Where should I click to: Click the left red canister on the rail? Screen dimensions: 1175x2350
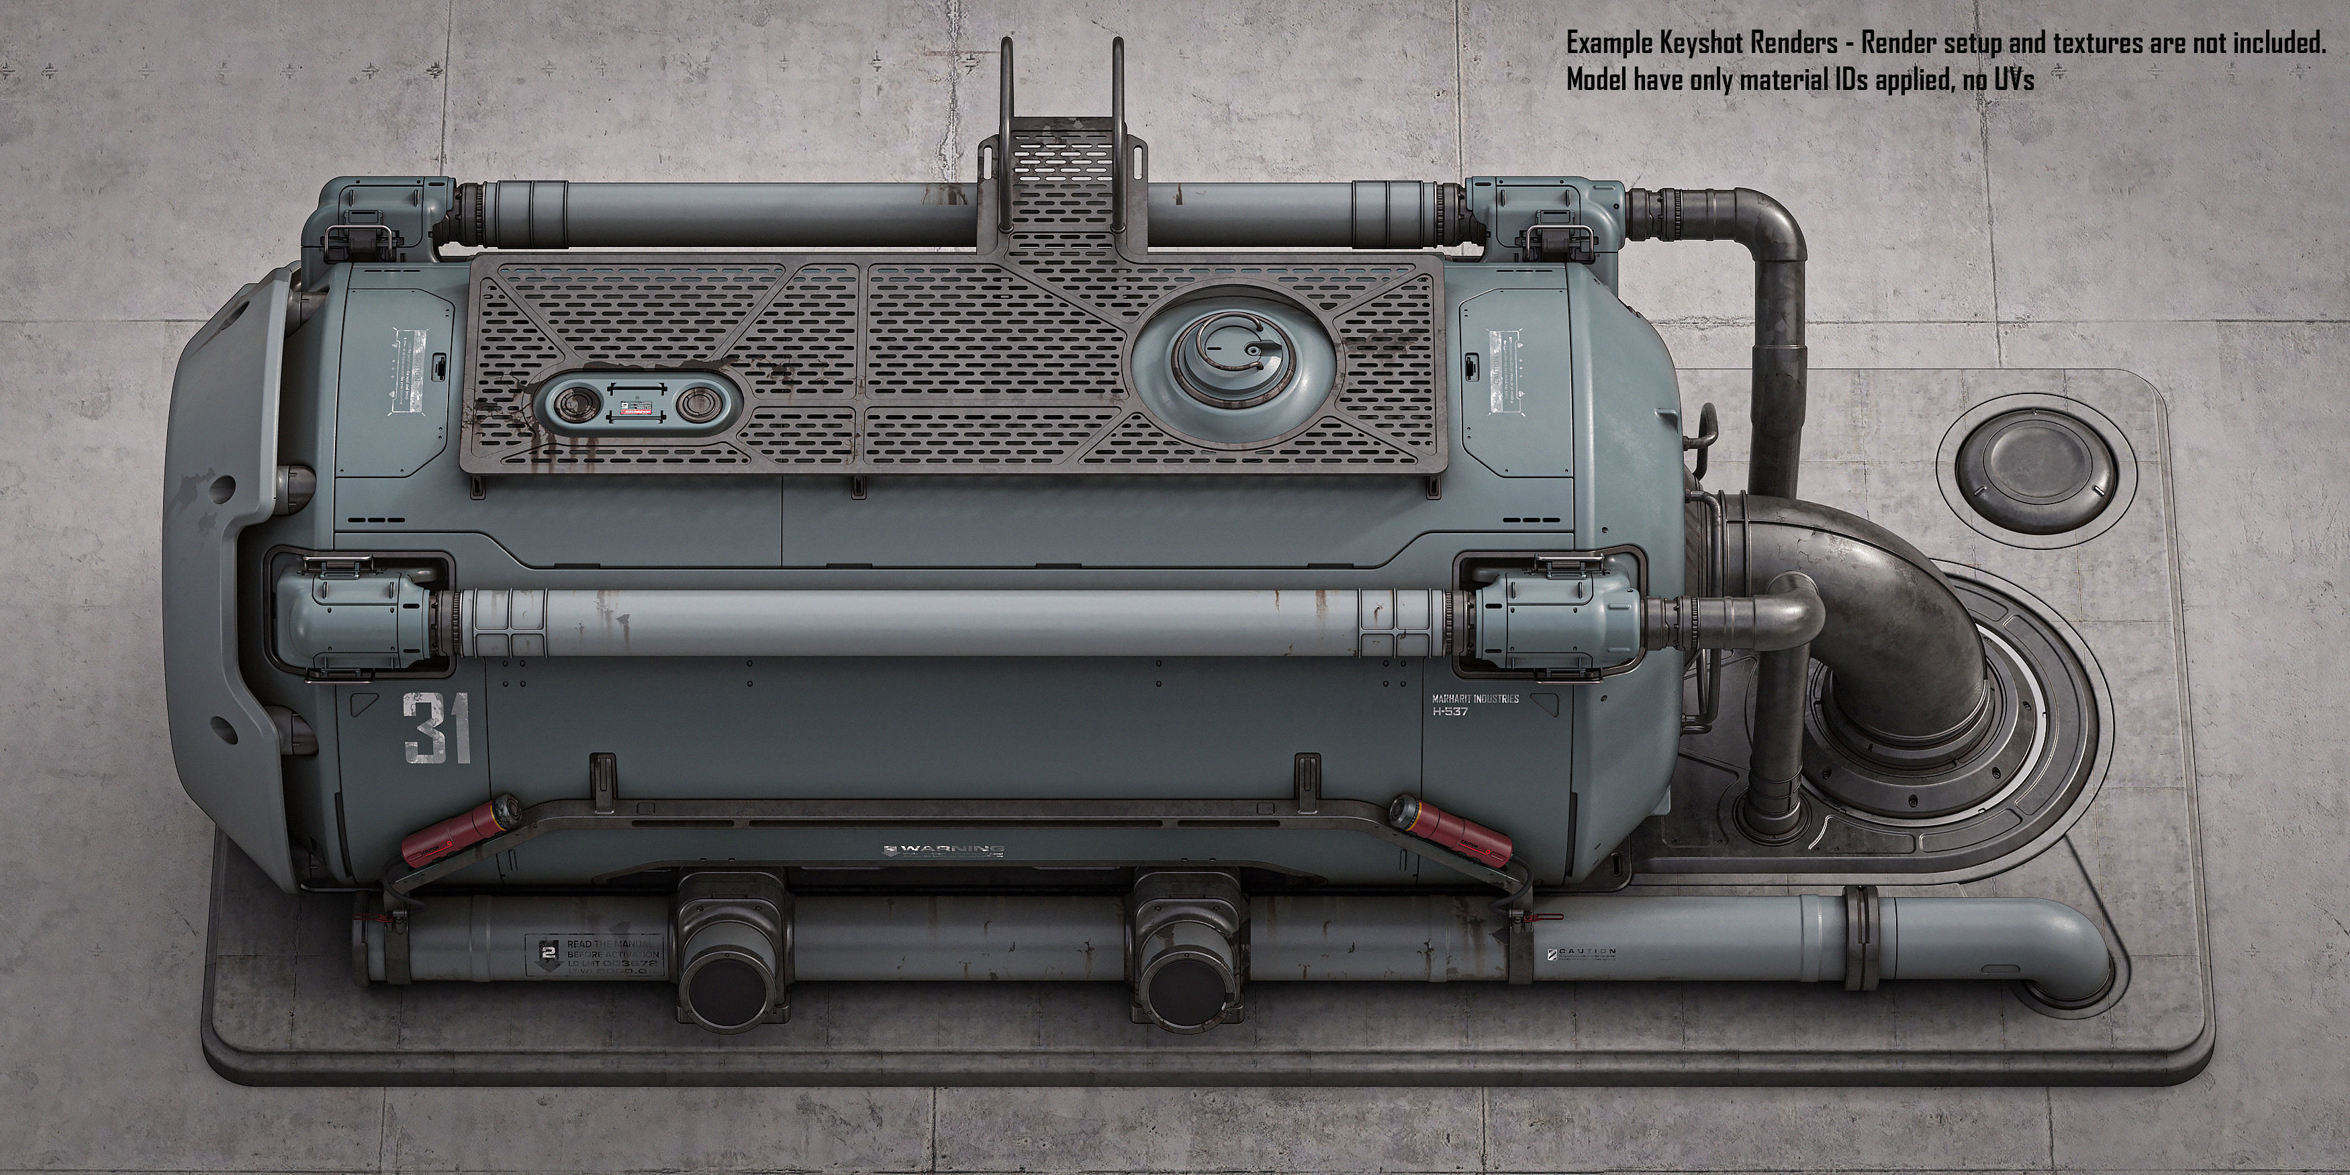453,833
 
